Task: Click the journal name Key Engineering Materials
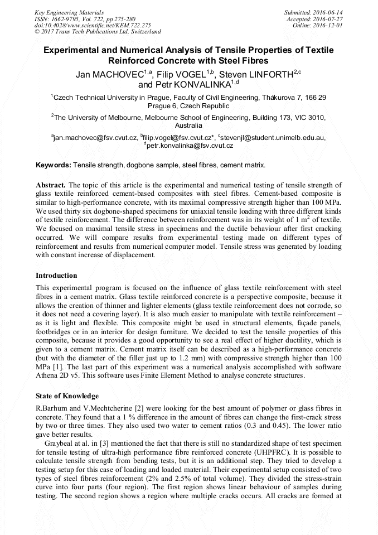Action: coord(69,12)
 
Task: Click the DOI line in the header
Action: coord(93,25)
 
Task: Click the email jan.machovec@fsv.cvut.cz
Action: coord(94,138)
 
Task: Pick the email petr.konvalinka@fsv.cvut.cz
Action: coord(189,146)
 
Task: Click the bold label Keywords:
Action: coord(54,165)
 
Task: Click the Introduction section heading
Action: coord(56,276)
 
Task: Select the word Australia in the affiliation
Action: coord(189,126)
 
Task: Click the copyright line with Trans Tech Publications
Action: coord(98,32)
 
